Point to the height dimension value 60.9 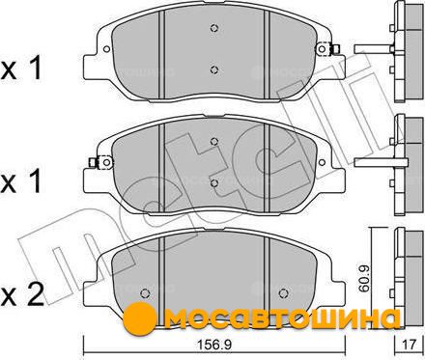(364, 278)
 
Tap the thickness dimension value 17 (410, 346)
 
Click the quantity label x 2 (21, 296)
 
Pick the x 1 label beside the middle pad (21, 182)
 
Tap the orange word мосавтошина (282, 319)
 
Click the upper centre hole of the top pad (214, 28)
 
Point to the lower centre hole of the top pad (214, 69)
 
